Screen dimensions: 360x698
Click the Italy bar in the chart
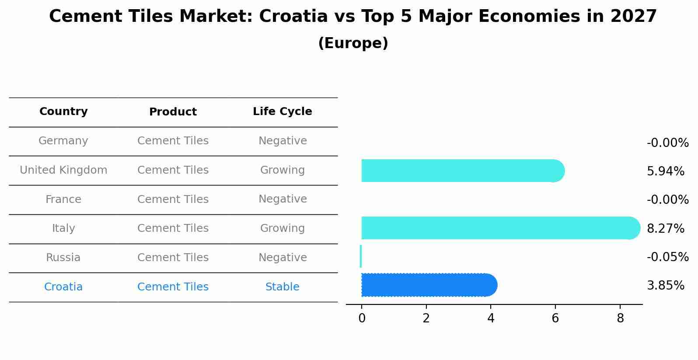[x=499, y=228]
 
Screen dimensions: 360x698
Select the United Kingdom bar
[x=461, y=171]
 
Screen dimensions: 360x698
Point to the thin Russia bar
[x=361, y=256]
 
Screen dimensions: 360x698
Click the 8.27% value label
[x=665, y=228]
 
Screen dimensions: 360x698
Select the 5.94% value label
[x=665, y=171]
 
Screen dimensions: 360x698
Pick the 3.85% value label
[x=665, y=286]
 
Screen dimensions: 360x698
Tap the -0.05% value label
[x=667, y=257]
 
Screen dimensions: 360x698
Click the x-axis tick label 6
[x=555, y=318]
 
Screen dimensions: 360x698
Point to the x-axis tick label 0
[x=362, y=318]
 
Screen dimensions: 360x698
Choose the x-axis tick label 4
[x=491, y=318]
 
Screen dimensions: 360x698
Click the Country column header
[x=63, y=112]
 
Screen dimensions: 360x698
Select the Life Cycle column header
[x=282, y=112]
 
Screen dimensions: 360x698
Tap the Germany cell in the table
[x=63, y=141]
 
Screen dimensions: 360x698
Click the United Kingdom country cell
[x=63, y=170]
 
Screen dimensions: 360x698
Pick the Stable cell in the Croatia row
[x=282, y=287]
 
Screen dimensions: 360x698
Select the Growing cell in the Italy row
[x=282, y=228]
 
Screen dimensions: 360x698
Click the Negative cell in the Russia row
[x=282, y=258]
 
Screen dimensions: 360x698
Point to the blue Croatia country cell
[x=63, y=287]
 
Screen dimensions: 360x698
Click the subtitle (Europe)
[x=353, y=43]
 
